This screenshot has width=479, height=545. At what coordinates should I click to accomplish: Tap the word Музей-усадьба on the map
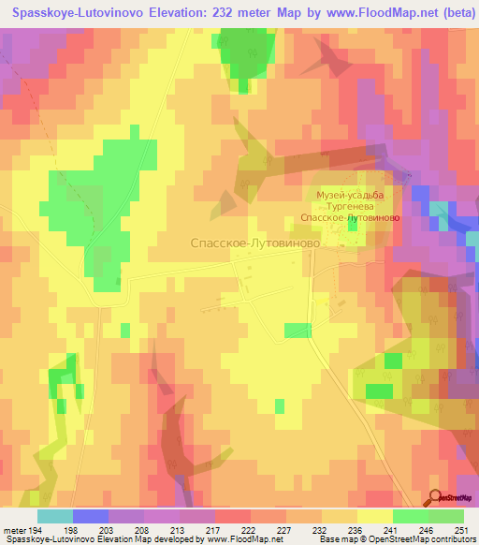(350, 194)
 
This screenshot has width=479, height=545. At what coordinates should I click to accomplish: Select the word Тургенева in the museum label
(350, 205)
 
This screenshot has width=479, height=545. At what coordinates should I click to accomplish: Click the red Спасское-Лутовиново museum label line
(350, 216)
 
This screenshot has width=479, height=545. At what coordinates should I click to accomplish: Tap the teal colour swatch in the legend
(55, 516)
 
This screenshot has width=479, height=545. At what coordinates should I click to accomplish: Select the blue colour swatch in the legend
(91, 516)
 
